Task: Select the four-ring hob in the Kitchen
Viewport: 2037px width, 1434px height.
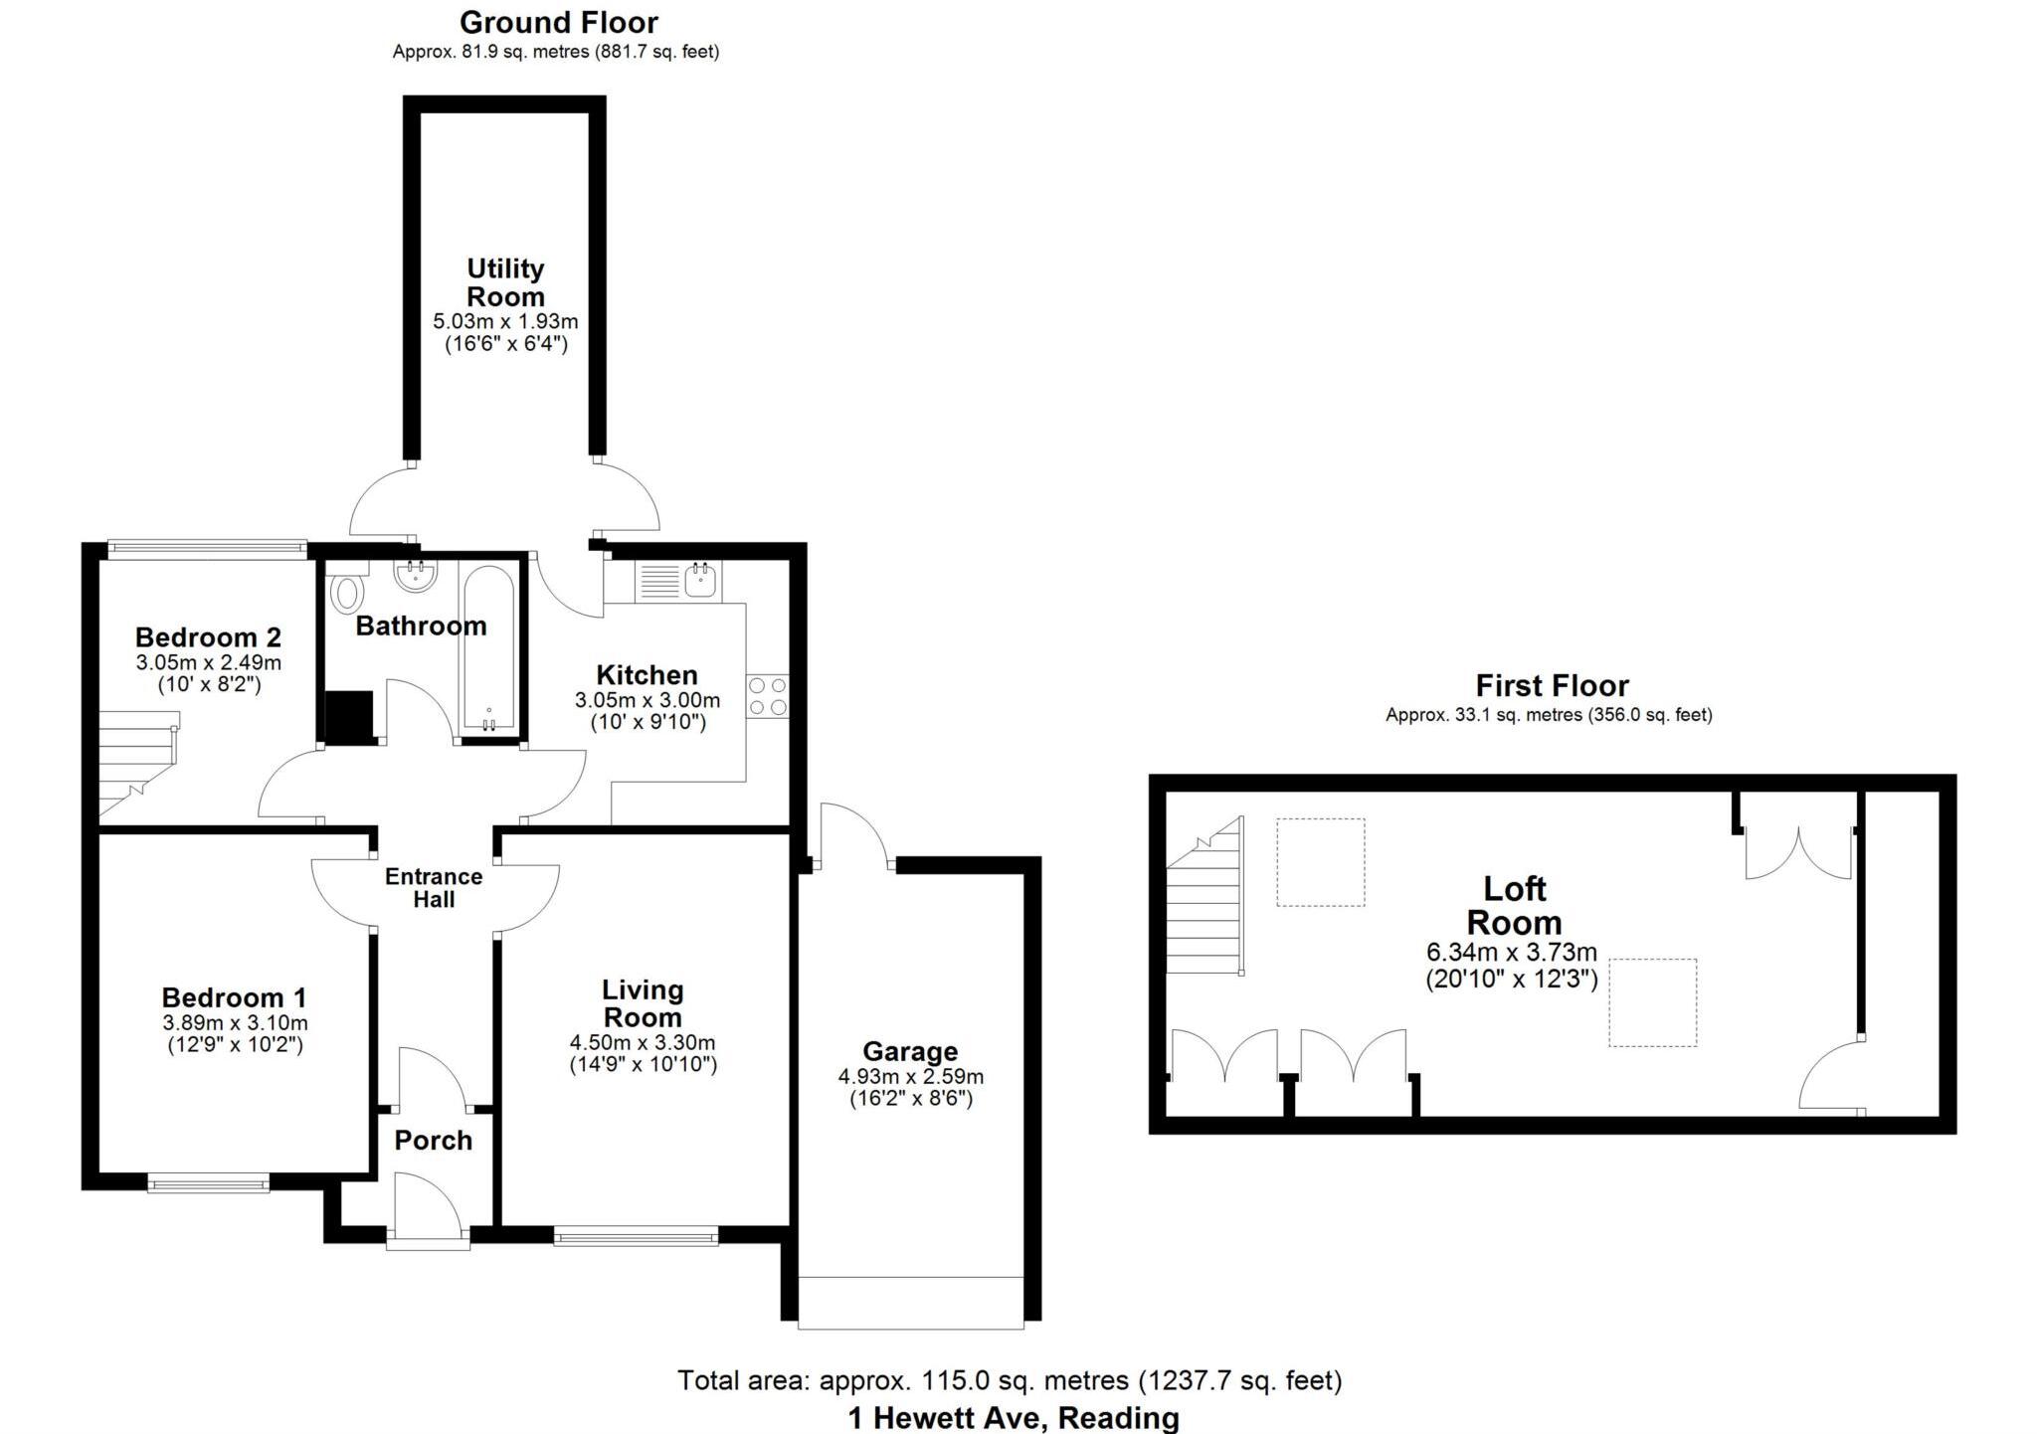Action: pos(767,695)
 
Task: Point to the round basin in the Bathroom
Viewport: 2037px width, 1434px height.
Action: pos(415,575)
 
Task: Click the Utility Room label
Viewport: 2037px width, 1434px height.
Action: pos(505,282)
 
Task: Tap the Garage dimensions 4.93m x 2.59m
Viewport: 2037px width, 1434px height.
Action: pos(910,1077)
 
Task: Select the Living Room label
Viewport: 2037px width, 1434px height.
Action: pos(643,1003)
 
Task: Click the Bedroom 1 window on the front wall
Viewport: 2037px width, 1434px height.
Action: pos(209,1182)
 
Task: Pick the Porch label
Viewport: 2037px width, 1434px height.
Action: pos(433,1140)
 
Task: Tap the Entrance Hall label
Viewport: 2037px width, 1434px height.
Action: pos(434,888)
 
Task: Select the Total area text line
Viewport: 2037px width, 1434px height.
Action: pos(1010,1380)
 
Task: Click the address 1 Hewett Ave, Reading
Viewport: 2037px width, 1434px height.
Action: pos(1013,1417)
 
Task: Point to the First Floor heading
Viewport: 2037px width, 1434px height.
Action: pos(1552,685)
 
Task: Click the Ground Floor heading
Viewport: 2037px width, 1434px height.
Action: pos(558,22)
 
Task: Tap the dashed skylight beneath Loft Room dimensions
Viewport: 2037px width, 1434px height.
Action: pos(1652,1002)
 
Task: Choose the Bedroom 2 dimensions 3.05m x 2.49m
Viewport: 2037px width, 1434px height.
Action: pos(209,662)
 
